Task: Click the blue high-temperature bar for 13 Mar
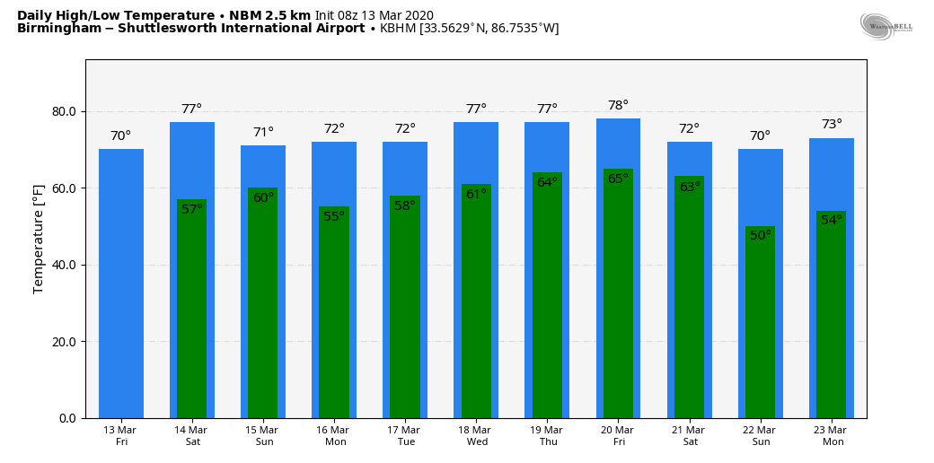[x=121, y=284]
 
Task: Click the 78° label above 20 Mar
[x=618, y=106]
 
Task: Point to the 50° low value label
[x=760, y=236]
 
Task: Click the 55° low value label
[x=334, y=216]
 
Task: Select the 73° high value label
[x=832, y=125]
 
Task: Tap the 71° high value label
[x=263, y=133]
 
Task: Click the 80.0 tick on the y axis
[x=64, y=112]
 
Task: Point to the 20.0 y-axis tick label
[x=64, y=342]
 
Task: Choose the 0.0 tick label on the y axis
[x=67, y=418]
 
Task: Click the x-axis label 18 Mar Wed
[x=476, y=436]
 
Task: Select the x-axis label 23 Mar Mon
[x=832, y=436]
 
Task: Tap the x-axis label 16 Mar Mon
[x=334, y=436]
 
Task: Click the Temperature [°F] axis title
[x=39, y=240]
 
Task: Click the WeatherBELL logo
[x=886, y=26]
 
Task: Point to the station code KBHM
[x=398, y=29]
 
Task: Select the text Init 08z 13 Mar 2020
[x=374, y=15]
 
